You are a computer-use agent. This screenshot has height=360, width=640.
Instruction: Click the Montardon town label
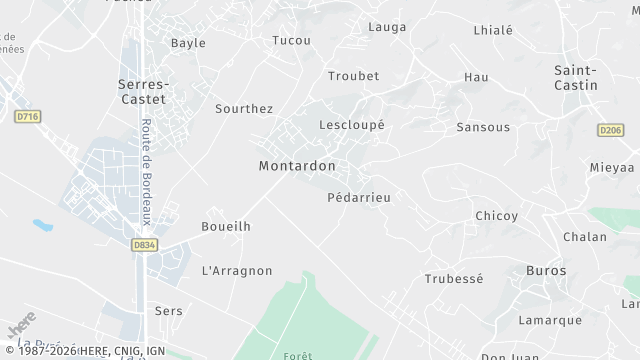(x=297, y=166)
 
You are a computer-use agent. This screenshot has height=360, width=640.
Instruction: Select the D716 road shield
(x=28, y=117)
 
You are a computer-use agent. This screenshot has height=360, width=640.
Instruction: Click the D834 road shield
(x=144, y=244)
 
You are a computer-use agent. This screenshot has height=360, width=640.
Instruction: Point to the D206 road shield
(x=610, y=130)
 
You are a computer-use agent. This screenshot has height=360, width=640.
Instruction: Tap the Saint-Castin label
(x=576, y=77)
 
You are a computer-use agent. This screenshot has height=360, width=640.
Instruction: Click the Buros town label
(x=546, y=271)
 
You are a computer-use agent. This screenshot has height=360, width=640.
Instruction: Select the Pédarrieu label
(x=359, y=197)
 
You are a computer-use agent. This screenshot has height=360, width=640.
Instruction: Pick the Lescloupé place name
(x=351, y=125)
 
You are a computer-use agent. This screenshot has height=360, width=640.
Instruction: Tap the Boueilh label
(x=226, y=226)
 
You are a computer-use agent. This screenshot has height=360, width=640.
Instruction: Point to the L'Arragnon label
(x=237, y=270)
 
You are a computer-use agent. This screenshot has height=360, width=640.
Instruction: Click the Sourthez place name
(x=244, y=108)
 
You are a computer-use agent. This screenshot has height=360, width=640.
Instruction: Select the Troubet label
(x=354, y=76)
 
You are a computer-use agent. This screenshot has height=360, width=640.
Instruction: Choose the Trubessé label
(x=454, y=278)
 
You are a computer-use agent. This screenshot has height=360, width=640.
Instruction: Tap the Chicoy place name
(x=497, y=216)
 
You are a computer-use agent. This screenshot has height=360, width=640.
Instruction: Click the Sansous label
(x=483, y=127)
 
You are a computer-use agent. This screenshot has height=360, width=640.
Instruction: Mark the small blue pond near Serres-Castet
(x=43, y=225)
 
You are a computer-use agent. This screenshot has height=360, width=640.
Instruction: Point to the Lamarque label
(x=550, y=320)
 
